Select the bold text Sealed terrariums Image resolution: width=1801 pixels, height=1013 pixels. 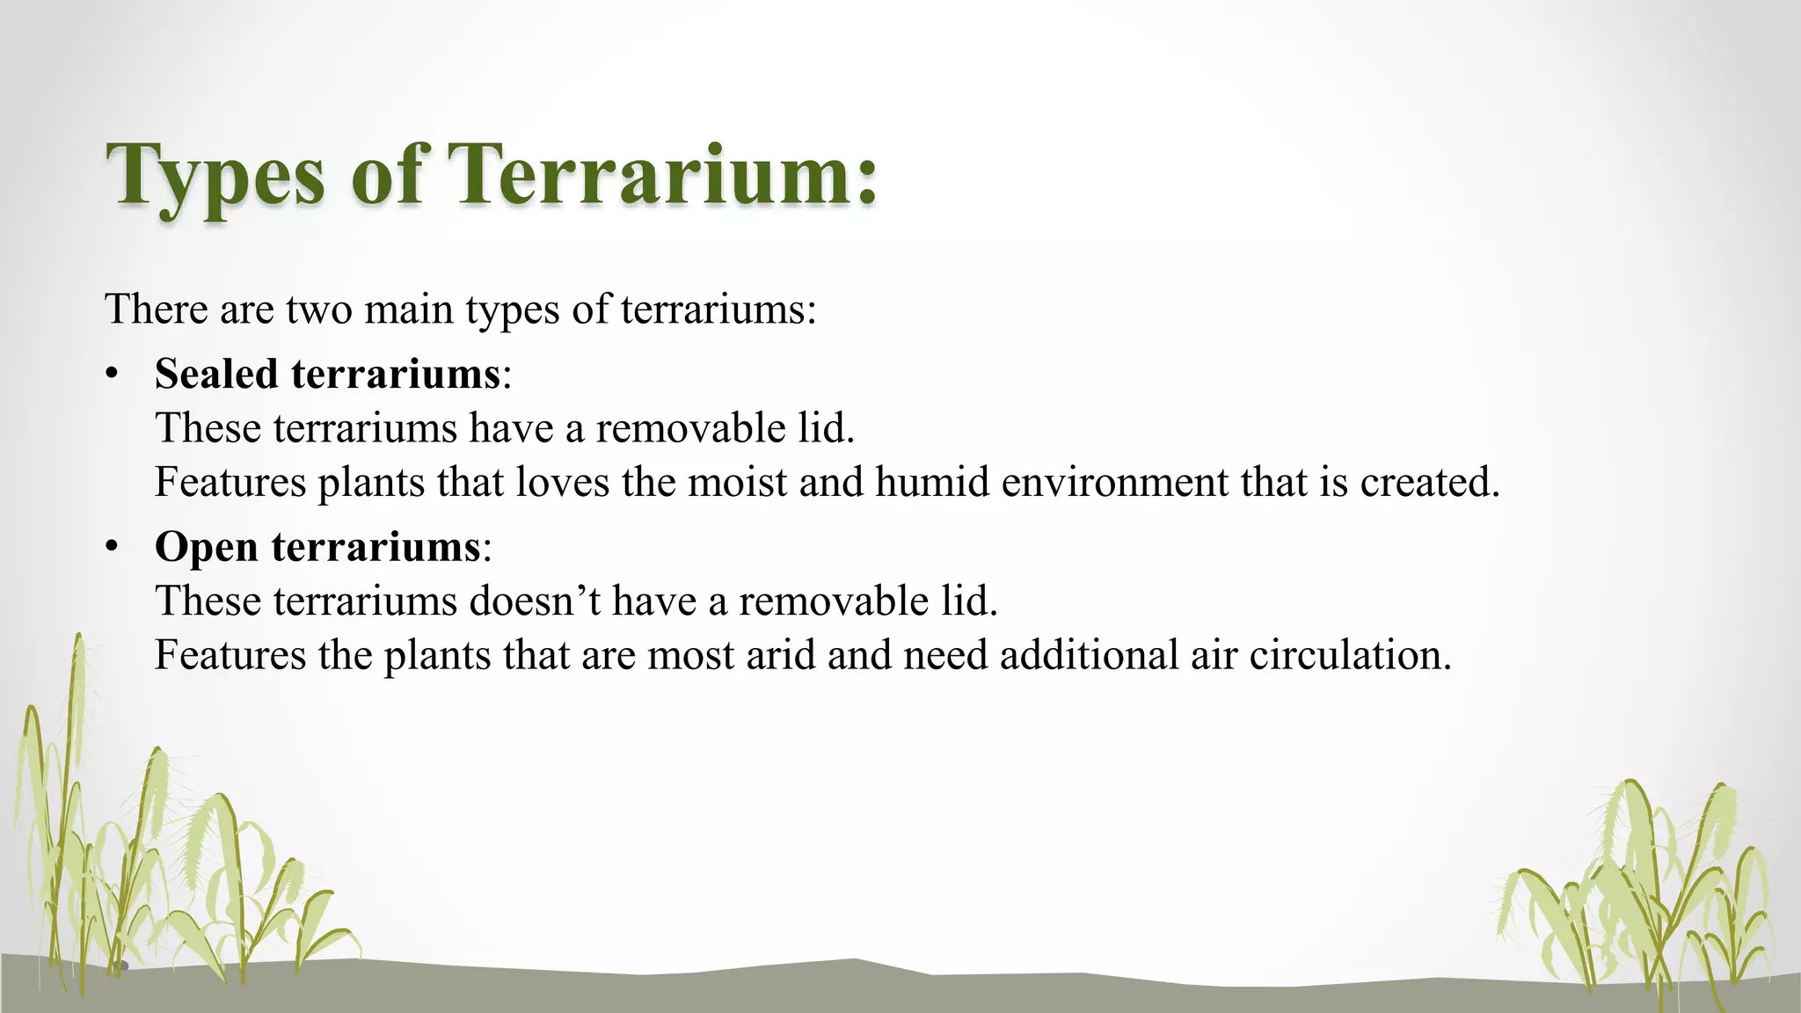tap(327, 374)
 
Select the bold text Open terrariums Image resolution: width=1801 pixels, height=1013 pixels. tap(317, 547)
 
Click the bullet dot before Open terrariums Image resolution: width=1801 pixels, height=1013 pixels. tap(111, 548)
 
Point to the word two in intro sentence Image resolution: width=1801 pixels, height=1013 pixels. tap(318, 310)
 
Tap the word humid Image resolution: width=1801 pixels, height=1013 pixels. tap(932, 482)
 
